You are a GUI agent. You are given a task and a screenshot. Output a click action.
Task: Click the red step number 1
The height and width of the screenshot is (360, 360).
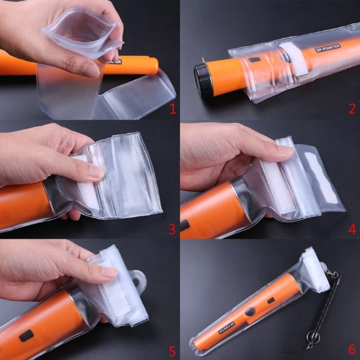point(172,108)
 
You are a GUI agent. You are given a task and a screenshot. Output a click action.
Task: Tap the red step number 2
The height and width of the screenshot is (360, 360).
point(352,108)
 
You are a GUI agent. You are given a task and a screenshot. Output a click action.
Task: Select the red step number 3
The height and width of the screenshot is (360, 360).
point(172,229)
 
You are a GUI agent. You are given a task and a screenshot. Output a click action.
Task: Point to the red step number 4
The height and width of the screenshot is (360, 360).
point(352,229)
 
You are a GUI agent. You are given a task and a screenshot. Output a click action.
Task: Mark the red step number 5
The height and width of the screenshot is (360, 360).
point(172,349)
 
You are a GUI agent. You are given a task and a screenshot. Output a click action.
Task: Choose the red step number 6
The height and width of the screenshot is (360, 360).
point(352,349)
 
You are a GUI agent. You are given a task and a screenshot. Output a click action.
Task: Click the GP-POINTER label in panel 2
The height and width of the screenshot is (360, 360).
point(327,47)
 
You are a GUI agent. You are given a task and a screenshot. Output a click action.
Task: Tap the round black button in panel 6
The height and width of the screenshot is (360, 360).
point(251,310)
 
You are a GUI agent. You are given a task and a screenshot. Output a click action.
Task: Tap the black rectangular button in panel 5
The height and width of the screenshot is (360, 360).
point(27,335)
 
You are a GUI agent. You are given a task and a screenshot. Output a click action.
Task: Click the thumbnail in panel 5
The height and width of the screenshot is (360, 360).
point(109,272)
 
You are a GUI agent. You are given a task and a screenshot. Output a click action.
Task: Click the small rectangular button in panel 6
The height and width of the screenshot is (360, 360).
point(271,300)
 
